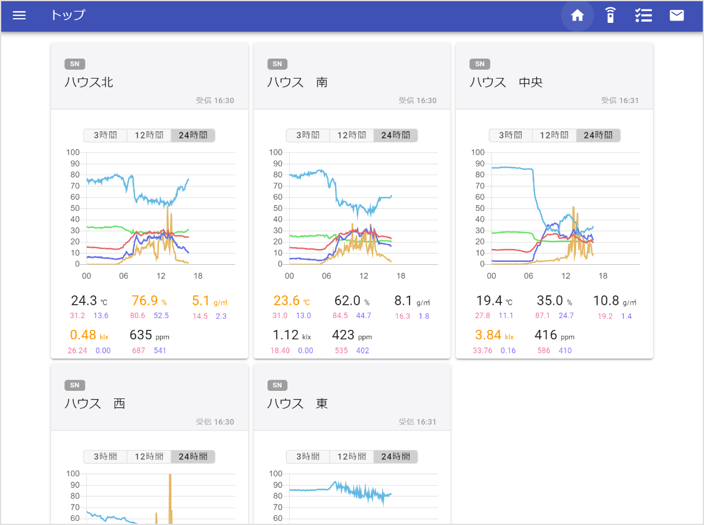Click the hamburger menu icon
[19, 16]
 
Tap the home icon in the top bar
[577, 16]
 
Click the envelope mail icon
[676, 16]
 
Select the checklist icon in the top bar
[644, 16]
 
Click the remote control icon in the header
[611, 16]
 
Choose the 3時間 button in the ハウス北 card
[105, 135]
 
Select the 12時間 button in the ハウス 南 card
[351, 135]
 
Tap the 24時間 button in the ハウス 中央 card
[598, 135]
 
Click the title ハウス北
[89, 83]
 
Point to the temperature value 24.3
[84, 301]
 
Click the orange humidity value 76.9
[145, 301]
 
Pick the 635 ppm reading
[141, 335]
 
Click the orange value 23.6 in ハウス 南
[286, 301]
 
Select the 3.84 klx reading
[488, 335]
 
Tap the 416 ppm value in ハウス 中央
[546, 335]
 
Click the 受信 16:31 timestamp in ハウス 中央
[620, 101]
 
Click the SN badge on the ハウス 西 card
[75, 386]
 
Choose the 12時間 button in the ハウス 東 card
[351, 456]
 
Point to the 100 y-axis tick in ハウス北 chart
[73, 152]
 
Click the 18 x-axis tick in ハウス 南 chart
[401, 276]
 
